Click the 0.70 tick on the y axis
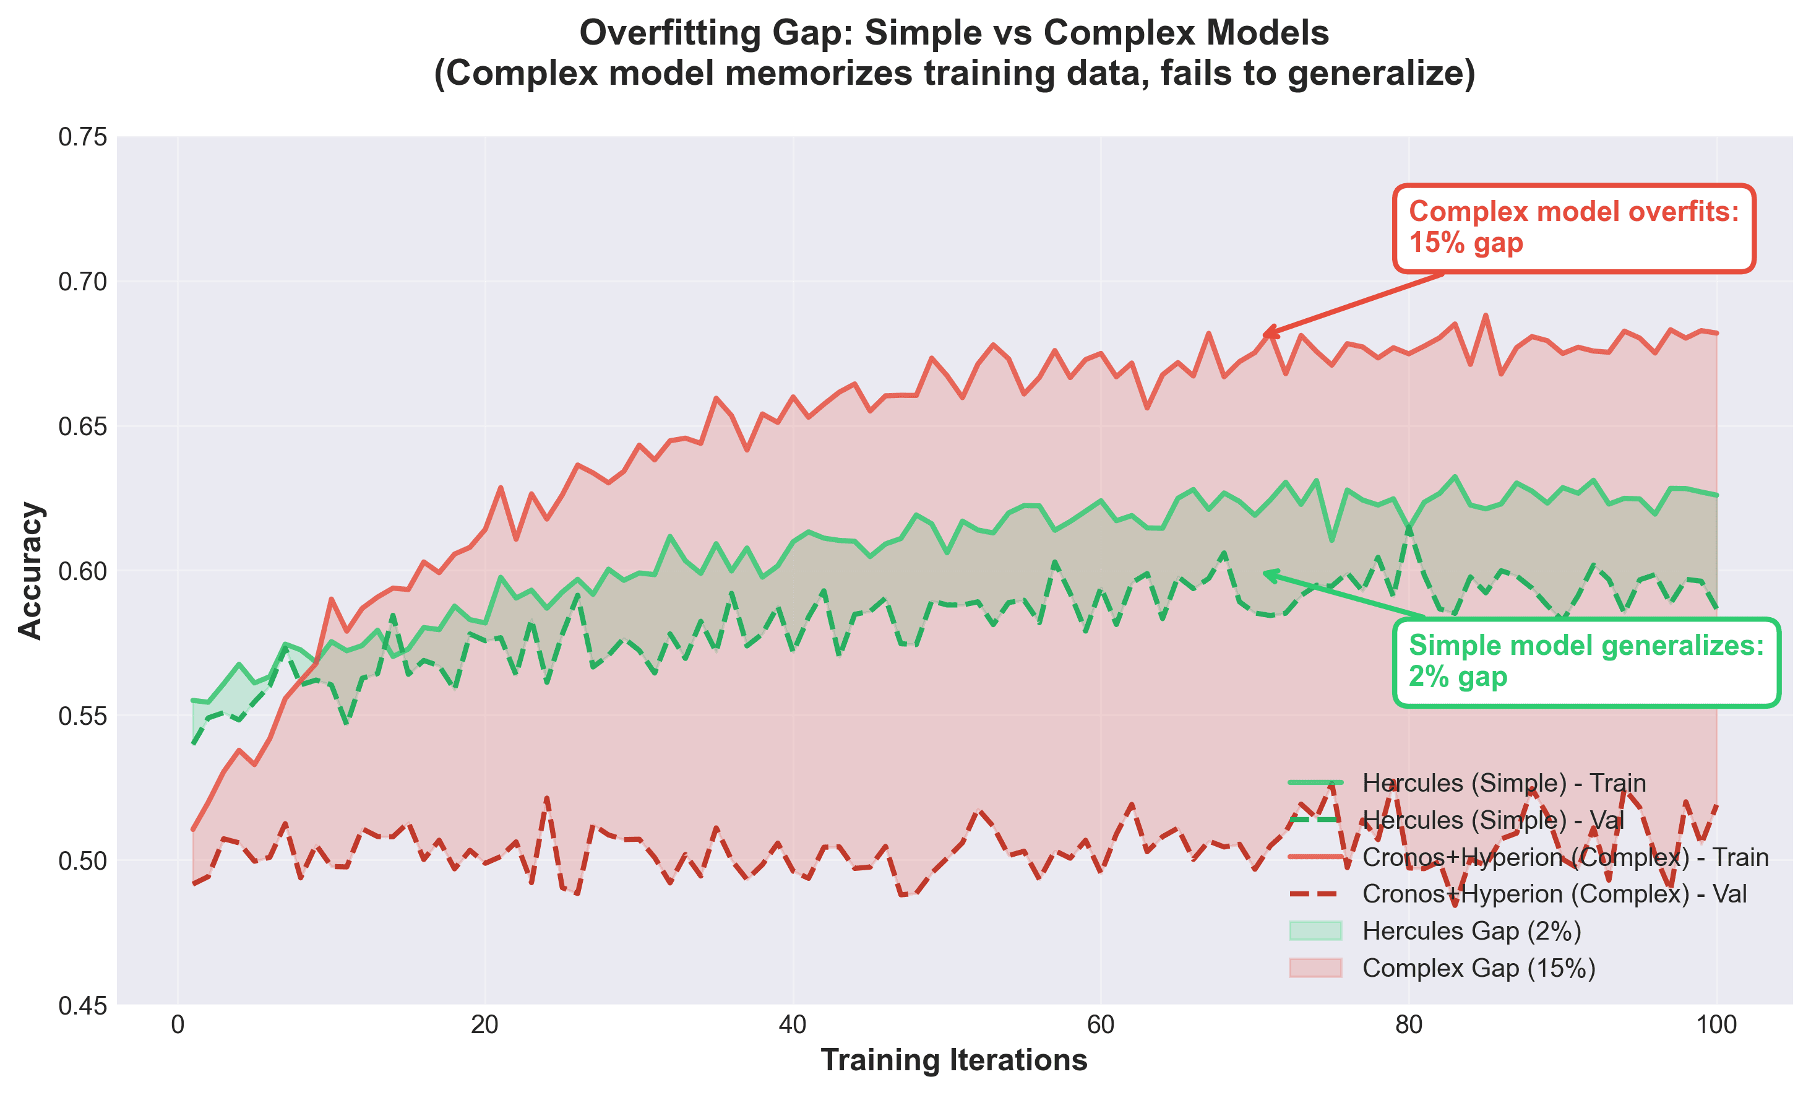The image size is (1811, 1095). click(x=82, y=282)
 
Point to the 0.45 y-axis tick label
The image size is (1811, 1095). click(x=82, y=1005)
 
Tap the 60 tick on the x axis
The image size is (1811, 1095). click(x=1100, y=1025)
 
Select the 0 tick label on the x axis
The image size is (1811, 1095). click(x=177, y=1025)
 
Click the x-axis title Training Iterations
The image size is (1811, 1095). click(x=954, y=1060)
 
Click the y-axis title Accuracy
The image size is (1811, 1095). click(x=31, y=571)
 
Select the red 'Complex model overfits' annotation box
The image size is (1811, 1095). click(x=1573, y=228)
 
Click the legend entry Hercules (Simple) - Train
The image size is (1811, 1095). click(x=1503, y=782)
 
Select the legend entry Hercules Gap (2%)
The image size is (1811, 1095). click(x=1471, y=931)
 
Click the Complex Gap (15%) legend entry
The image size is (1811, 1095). click(x=1479, y=967)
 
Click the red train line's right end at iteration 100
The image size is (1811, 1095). click(x=1716, y=333)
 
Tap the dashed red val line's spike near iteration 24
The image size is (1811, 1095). click(x=546, y=797)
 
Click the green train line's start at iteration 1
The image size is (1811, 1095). click(x=192, y=700)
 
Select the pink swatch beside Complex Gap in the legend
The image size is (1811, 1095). click(x=1315, y=967)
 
